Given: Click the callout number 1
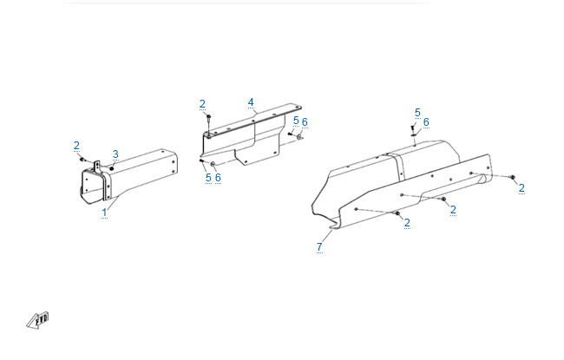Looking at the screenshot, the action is point(104,213).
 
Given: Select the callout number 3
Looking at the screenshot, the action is point(115,154).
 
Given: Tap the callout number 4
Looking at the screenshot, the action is point(251,102).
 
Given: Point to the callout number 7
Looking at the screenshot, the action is point(319,247).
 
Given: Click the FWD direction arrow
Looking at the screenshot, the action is point(38,320).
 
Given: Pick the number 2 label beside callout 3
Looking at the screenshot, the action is point(76,146).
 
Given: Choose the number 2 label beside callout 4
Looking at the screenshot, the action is point(202,104).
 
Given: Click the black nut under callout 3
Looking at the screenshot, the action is point(112,168).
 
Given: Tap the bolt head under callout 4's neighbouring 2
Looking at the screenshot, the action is point(208,116).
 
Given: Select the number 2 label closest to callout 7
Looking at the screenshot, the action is point(407,223).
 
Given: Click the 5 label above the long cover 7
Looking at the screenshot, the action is point(417,113).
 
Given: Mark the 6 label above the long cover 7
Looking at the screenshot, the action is point(426,122).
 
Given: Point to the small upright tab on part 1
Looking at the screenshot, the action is point(97,167).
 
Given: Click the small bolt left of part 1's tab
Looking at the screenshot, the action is point(82,159).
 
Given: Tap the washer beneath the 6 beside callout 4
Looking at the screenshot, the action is point(298,137).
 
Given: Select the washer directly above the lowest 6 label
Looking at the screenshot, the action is point(213,164).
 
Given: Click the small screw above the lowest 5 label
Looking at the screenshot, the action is point(202,160).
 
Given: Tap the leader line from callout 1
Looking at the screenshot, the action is point(113,203).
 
